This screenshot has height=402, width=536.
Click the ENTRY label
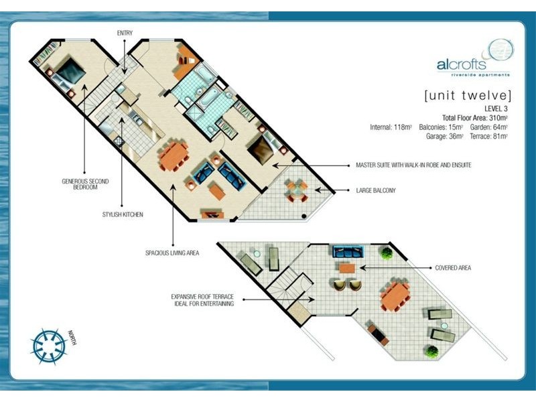click(125, 33)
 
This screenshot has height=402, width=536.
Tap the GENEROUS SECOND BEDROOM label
click(85, 184)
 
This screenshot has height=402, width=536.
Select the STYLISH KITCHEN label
click(123, 214)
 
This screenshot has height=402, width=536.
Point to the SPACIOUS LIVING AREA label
click(172, 253)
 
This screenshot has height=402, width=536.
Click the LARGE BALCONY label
click(376, 190)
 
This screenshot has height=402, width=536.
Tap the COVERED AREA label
click(453, 268)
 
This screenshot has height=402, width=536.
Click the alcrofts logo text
click(461, 64)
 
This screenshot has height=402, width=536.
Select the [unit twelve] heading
click(468, 95)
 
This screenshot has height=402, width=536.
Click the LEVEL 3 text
click(496, 109)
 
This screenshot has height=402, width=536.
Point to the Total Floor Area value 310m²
click(498, 118)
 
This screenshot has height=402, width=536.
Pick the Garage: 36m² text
click(444, 137)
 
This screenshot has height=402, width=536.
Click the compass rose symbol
click(48, 346)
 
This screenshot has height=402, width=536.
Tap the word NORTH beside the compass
click(72, 338)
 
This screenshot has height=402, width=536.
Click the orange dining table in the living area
click(174, 156)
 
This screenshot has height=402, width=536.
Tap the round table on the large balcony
click(297, 191)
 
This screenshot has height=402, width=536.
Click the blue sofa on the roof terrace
click(348, 252)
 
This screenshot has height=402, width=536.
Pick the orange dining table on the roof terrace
click(396, 296)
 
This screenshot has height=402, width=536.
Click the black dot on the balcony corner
click(304, 216)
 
